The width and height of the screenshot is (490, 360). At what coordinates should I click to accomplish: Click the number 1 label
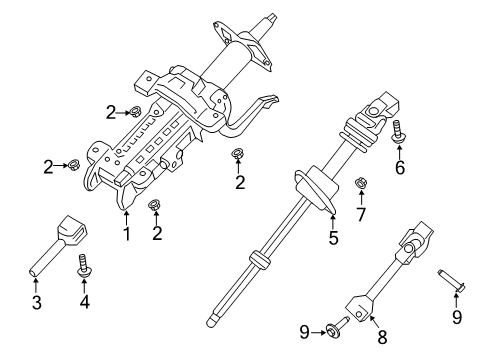point(127,236)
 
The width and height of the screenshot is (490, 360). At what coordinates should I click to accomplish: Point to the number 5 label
point(334,238)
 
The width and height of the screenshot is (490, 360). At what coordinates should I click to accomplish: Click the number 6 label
point(400,167)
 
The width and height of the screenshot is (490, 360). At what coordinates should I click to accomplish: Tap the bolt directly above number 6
point(399,130)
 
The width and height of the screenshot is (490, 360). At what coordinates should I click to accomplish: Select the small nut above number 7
point(360,183)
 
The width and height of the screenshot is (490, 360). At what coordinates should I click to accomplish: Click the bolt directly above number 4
point(85,264)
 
